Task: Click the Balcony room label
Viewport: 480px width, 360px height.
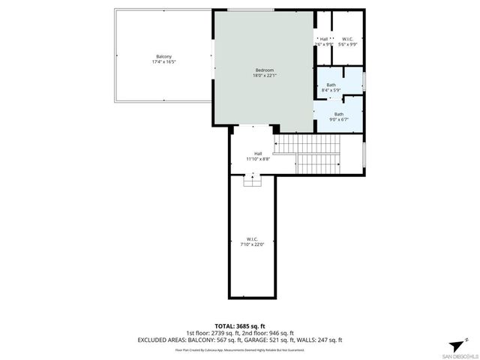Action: coord(163,57)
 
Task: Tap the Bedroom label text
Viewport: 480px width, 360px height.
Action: coord(264,70)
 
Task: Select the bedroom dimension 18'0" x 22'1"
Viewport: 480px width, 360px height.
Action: coord(264,75)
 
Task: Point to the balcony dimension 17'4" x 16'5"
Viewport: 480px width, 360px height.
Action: coord(163,62)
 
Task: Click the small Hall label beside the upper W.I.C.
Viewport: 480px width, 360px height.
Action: coord(324,39)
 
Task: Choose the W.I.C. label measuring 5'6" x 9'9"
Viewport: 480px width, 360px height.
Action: coord(348,39)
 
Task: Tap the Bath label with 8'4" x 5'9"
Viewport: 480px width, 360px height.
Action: coord(331,85)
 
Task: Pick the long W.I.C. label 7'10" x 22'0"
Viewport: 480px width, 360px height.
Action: coord(252,238)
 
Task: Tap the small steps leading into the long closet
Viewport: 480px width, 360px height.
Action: coord(253,179)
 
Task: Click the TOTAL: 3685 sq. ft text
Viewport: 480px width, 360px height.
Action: coord(240,325)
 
